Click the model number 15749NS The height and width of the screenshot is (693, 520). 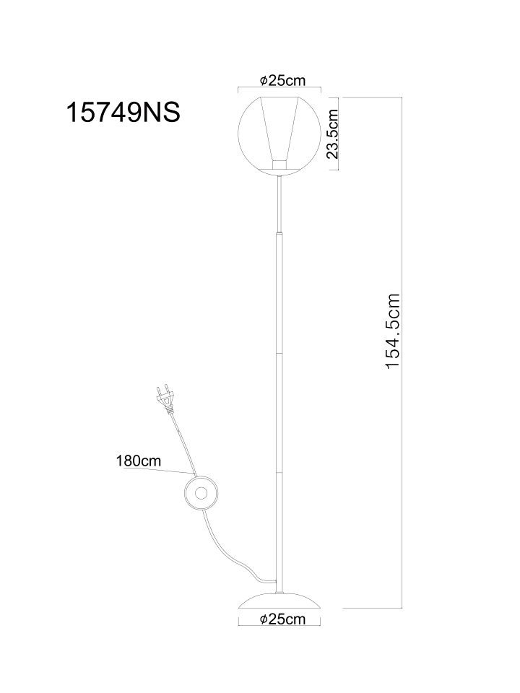point(123,113)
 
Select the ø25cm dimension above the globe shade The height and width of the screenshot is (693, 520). point(283,80)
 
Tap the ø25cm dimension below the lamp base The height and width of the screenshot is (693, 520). point(283,619)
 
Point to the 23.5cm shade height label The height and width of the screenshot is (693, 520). point(332,134)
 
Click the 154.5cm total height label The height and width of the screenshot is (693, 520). point(393,331)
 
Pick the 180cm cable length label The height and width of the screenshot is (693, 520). point(139,461)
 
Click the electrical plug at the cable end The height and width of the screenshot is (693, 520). point(164,398)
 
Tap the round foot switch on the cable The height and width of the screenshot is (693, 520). point(201,493)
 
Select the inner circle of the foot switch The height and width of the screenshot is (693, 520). point(201,493)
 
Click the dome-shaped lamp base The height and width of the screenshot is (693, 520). point(279,601)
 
